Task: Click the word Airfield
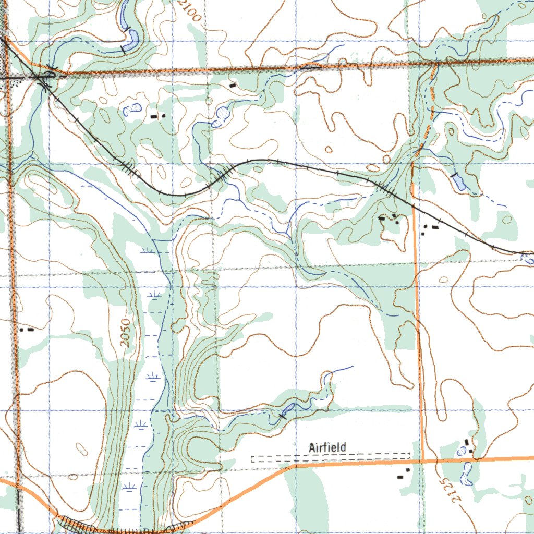(x=327, y=447)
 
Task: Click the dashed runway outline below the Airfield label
(x=330, y=458)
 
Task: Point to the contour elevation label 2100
(x=189, y=10)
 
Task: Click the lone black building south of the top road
(x=233, y=84)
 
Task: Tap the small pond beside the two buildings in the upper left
(x=132, y=109)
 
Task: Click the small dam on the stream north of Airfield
(x=283, y=416)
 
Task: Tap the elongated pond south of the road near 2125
(x=466, y=474)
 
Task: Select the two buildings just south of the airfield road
(x=403, y=474)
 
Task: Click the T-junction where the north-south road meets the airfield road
(x=421, y=461)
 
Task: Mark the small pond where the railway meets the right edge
(x=528, y=257)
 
